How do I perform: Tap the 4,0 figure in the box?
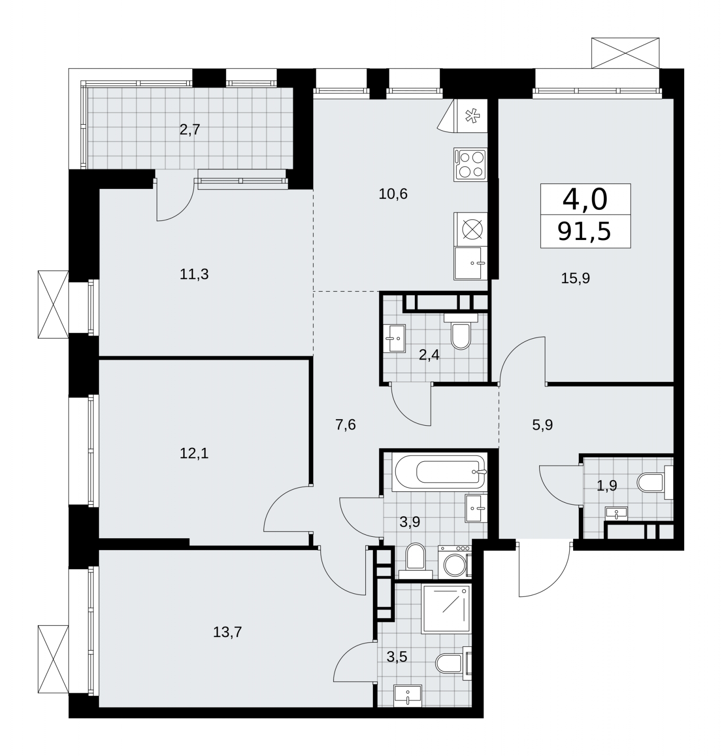coord(585,199)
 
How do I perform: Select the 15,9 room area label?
coord(576,278)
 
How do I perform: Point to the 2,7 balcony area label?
coord(190,129)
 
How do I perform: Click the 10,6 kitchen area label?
coord(393,194)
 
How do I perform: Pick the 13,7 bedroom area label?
coord(227,632)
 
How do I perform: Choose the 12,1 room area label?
coord(194,454)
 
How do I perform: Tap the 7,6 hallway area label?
coord(345,425)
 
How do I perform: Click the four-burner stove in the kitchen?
coord(470,164)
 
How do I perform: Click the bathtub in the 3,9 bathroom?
coord(438,471)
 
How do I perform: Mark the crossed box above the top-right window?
coord(625,53)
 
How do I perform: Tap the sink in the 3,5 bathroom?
coord(408,695)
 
